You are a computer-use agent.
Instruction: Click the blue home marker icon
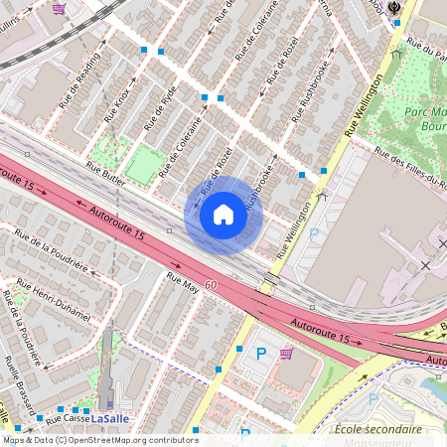coord(223,214)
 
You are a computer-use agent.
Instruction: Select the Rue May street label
coord(183,282)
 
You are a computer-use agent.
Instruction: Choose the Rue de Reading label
coord(79,78)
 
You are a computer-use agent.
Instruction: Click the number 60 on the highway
coord(211,285)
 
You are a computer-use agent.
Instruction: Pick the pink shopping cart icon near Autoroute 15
coord(286,354)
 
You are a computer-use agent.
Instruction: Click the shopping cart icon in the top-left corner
coord(60,8)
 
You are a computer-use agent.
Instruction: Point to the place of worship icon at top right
coord(395,8)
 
